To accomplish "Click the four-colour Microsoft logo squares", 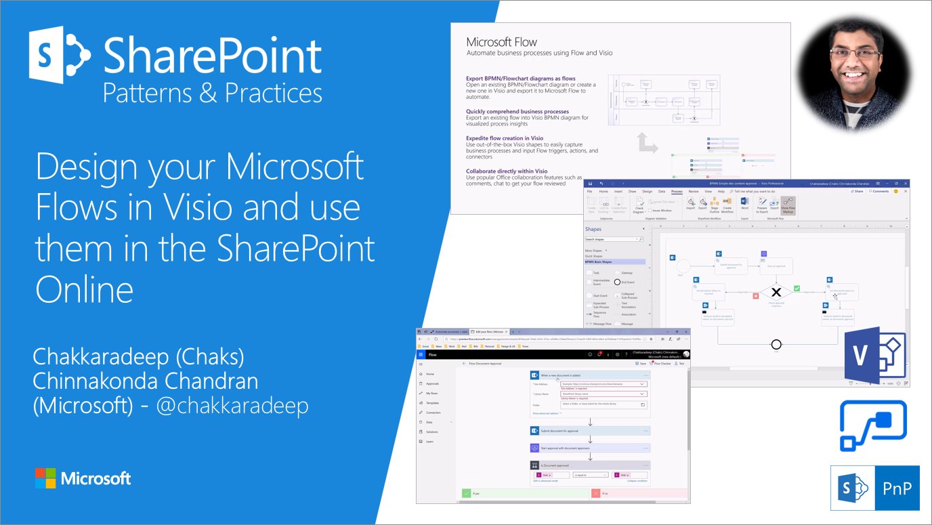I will coord(45,478).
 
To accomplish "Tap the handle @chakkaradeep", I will coord(232,405).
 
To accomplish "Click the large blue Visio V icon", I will coord(870,354).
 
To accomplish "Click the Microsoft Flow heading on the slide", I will coord(502,42).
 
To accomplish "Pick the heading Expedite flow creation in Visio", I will coord(505,138).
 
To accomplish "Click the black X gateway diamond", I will coord(777,292).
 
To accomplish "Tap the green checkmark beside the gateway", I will coord(797,289).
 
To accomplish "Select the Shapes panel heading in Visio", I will coord(593,229).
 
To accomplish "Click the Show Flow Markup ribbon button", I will coord(788,205).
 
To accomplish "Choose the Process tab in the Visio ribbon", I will coord(676,192).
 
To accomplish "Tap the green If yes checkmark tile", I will coord(467,494).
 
